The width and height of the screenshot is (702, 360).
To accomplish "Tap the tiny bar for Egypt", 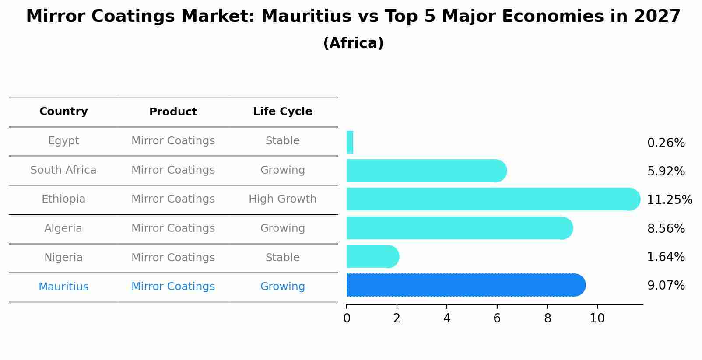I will click(350, 142).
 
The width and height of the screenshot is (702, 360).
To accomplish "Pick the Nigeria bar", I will click(372, 256).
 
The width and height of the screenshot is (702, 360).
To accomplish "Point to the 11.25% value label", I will click(670, 200).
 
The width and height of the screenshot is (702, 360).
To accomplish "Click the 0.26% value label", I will click(666, 143).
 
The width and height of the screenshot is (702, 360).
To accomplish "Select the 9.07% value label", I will click(666, 286).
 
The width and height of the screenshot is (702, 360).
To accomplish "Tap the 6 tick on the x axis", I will click(497, 318).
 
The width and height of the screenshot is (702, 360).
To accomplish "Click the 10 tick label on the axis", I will click(597, 318).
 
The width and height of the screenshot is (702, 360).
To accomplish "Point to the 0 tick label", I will click(347, 318).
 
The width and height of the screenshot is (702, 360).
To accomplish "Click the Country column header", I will click(63, 112).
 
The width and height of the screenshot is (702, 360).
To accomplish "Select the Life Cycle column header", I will click(282, 112).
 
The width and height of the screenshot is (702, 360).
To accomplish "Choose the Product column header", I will click(173, 112).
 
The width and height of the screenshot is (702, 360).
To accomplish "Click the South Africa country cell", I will click(63, 170).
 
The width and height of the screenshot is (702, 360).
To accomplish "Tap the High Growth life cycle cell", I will click(282, 199).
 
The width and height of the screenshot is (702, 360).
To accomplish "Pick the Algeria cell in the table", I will click(63, 228).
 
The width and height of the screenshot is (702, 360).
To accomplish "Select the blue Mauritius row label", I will click(63, 287).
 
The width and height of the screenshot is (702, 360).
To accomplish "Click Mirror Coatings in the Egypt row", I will click(173, 141).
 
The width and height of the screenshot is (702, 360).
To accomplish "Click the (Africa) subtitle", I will click(353, 43).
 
